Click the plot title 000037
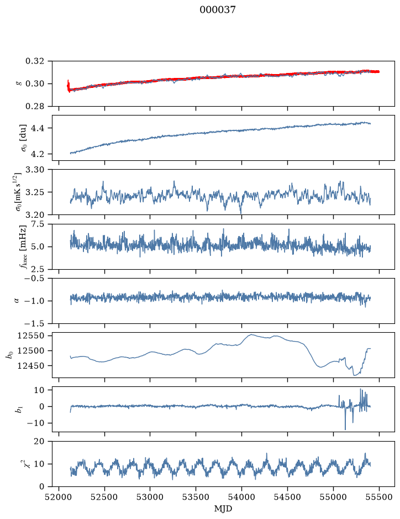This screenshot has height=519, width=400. coord(217,10)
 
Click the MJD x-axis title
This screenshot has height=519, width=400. coord(223,508)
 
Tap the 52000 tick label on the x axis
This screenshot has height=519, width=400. coord(59,497)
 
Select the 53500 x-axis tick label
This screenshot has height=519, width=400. coord(196,497)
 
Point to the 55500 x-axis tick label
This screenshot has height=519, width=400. coord(379,497)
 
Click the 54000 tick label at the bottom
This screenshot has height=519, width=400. coord(241,497)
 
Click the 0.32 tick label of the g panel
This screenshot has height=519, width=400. coord(34,61)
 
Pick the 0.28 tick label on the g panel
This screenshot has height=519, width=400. coord(34,106)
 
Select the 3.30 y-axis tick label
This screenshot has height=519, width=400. coord(34,170)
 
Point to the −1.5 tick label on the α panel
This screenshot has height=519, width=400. coord(34,323)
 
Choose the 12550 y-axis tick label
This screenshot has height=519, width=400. coord(30,335)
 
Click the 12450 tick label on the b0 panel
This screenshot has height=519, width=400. coord(30,366)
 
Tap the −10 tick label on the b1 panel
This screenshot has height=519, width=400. coord(35,423)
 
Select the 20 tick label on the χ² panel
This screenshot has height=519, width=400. coord(39,442)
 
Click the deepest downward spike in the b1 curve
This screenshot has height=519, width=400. coord(345,429)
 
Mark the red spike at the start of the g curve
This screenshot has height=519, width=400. coord(68,86)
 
